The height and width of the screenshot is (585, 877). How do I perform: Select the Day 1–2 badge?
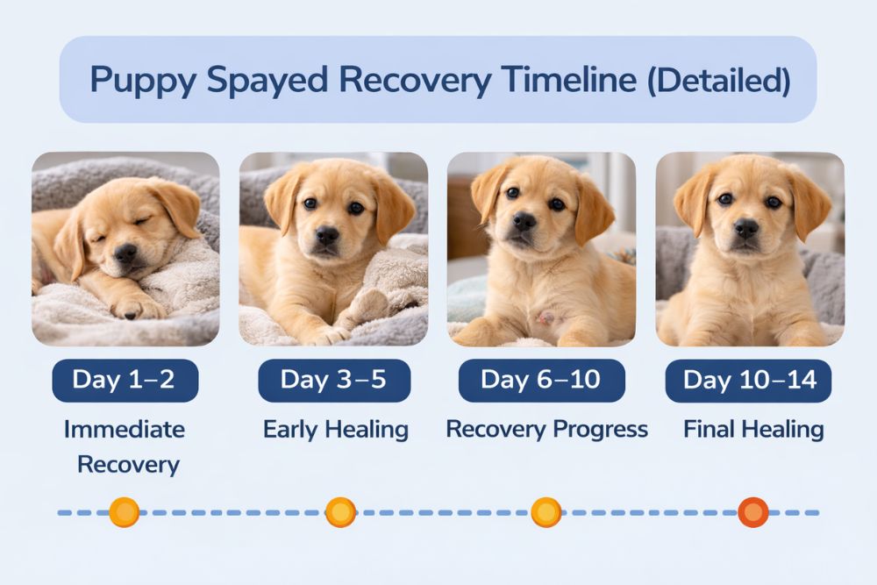coord(124,380)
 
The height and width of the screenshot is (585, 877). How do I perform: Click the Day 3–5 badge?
coord(333,380)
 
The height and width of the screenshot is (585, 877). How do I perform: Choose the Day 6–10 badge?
coord(542,380)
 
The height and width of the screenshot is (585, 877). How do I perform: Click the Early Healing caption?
coord(335,430)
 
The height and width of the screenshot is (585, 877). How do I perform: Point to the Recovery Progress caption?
coord(546,430)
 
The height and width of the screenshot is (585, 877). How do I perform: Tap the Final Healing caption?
coord(753,430)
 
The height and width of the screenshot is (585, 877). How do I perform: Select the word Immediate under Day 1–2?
coord(124,430)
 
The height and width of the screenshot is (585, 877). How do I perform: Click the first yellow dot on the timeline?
coord(125,511)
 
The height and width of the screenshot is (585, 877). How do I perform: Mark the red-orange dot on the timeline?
coord(752,511)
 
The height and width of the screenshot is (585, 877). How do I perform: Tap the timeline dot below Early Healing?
coord(340,511)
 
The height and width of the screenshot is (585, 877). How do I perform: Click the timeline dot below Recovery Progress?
coord(545,511)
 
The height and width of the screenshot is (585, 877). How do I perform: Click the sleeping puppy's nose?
coord(125,254)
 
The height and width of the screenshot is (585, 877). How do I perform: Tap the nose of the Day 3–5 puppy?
coord(327,235)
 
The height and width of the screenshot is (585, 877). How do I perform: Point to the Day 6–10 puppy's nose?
coord(524,221)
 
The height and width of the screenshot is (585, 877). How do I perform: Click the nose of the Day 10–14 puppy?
coord(746,229)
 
